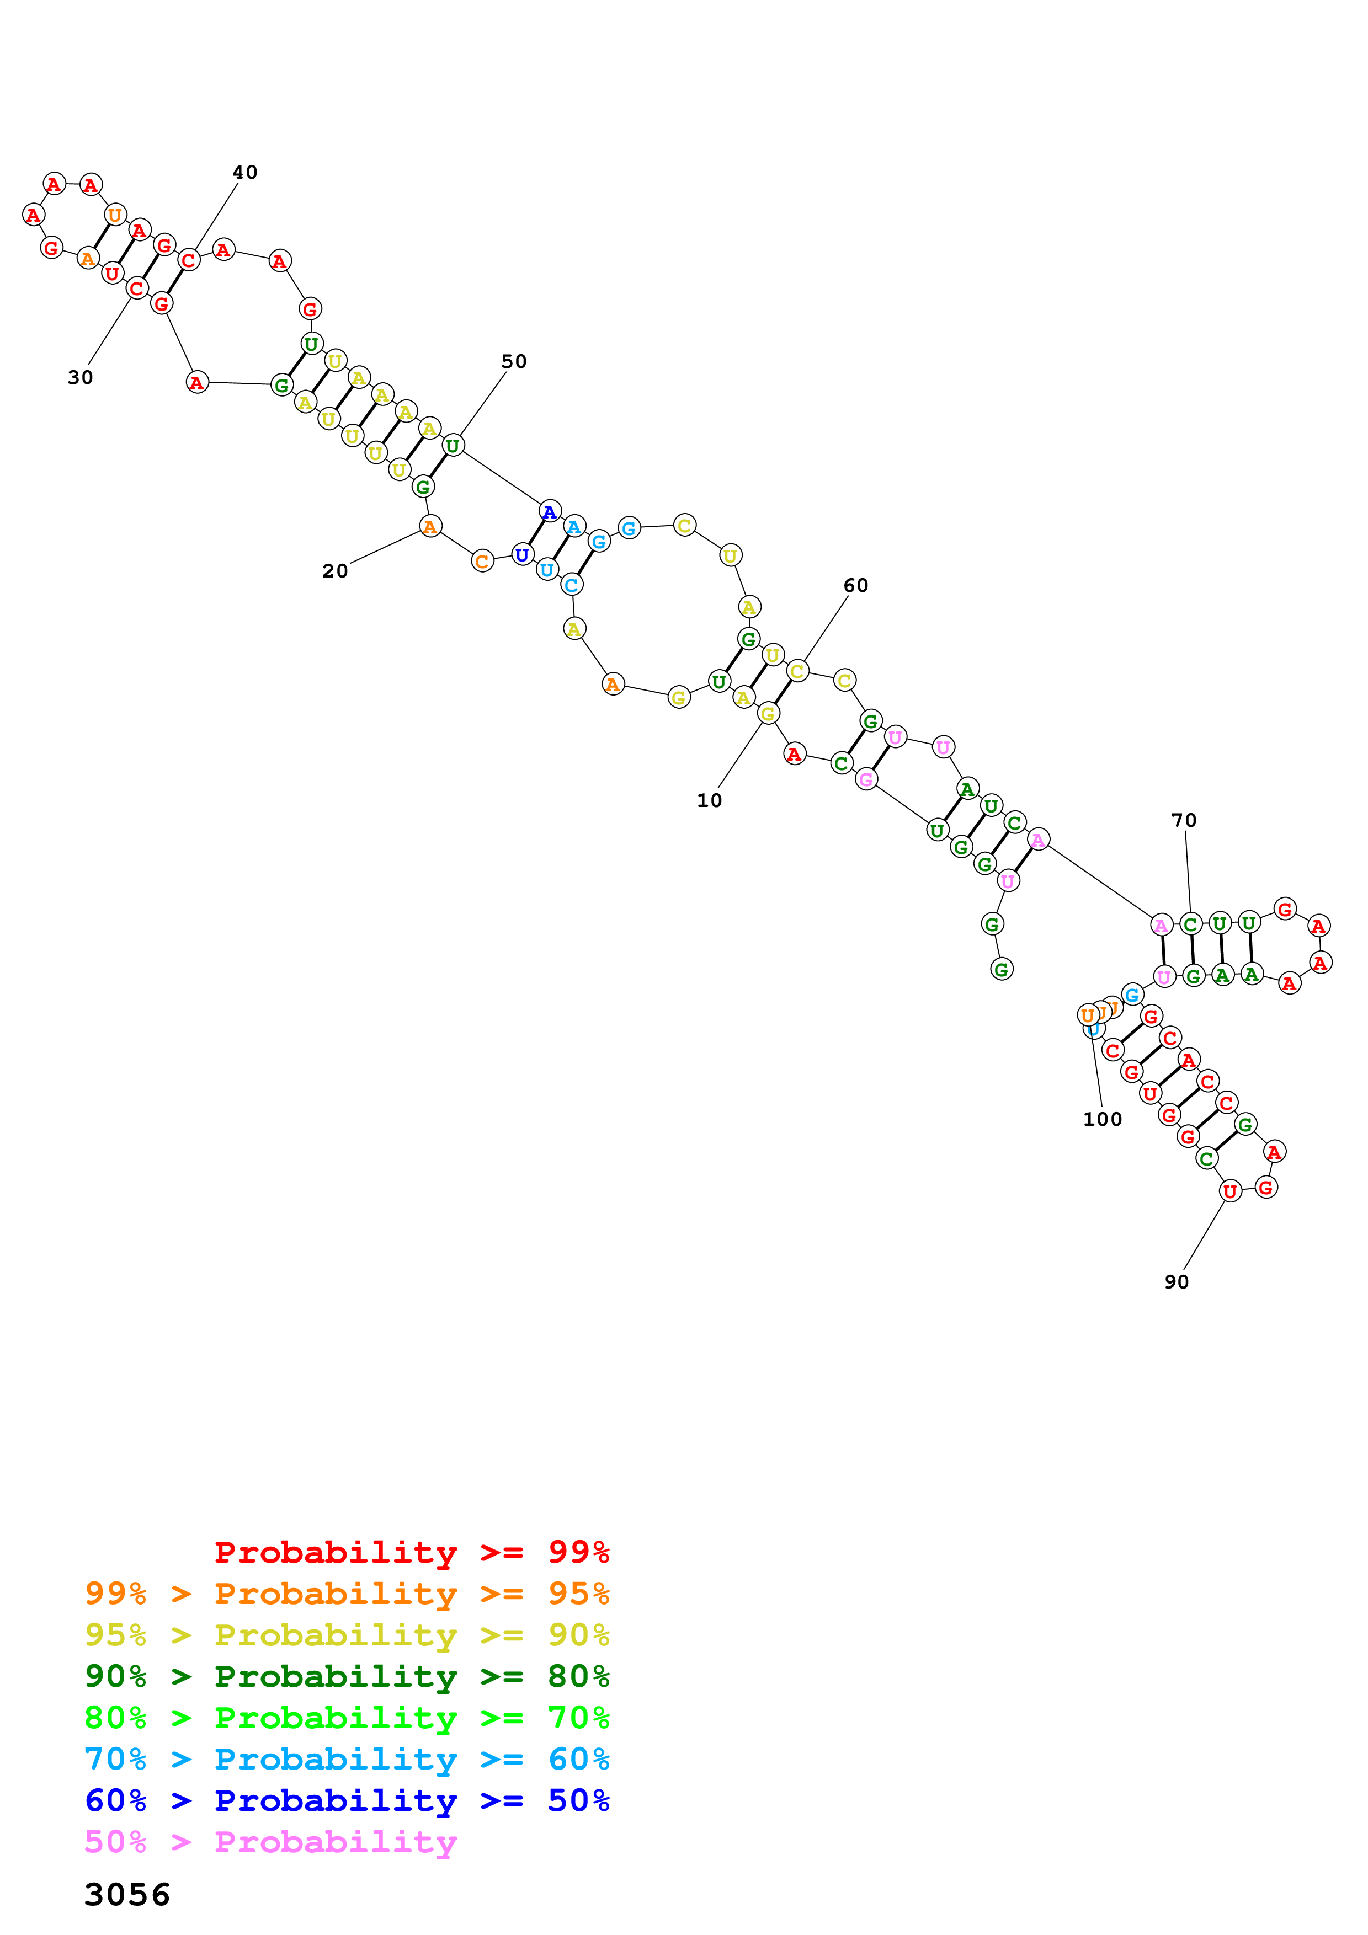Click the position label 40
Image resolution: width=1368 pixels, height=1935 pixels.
point(244,173)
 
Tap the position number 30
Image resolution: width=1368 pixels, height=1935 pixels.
point(80,377)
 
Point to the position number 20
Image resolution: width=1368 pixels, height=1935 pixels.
point(334,571)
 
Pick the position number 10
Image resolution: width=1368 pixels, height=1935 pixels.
point(709,800)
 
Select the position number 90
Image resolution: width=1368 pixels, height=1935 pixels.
point(1176,1282)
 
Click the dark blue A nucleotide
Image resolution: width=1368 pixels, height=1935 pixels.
point(550,511)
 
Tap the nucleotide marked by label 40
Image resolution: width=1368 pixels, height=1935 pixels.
point(189,260)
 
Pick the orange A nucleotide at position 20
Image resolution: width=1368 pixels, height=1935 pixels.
point(430,527)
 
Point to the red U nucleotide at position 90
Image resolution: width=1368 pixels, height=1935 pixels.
point(1230,1191)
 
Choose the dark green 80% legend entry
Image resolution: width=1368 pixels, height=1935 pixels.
point(347,1676)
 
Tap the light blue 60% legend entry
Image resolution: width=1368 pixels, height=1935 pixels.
point(347,1759)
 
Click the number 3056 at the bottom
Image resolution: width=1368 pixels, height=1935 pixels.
point(127,1895)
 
